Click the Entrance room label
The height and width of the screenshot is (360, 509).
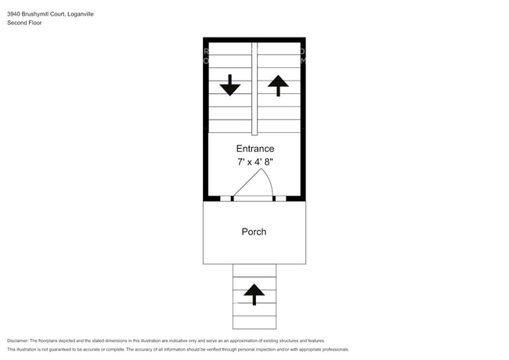[255, 149]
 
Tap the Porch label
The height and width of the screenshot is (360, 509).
[254, 232]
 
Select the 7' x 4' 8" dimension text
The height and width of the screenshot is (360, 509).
[255, 161]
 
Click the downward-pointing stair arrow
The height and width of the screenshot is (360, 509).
[229, 85]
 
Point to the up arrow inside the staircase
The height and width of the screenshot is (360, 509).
[278, 85]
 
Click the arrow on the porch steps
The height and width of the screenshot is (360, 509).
[254, 294]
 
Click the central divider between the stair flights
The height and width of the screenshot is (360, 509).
[254, 88]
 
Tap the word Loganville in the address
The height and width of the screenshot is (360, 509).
[81, 14]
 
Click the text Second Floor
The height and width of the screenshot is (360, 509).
[24, 23]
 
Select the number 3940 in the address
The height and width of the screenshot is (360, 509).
[13, 14]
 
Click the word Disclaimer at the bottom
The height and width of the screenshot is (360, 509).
[18, 340]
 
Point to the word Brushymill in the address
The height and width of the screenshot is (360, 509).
[34, 14]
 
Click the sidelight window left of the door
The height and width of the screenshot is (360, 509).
[226, 199]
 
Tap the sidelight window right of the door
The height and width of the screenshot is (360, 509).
[281, 199]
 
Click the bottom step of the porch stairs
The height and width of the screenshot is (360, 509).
[254, 322]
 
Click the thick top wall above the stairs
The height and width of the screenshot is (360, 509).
[254, 40]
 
